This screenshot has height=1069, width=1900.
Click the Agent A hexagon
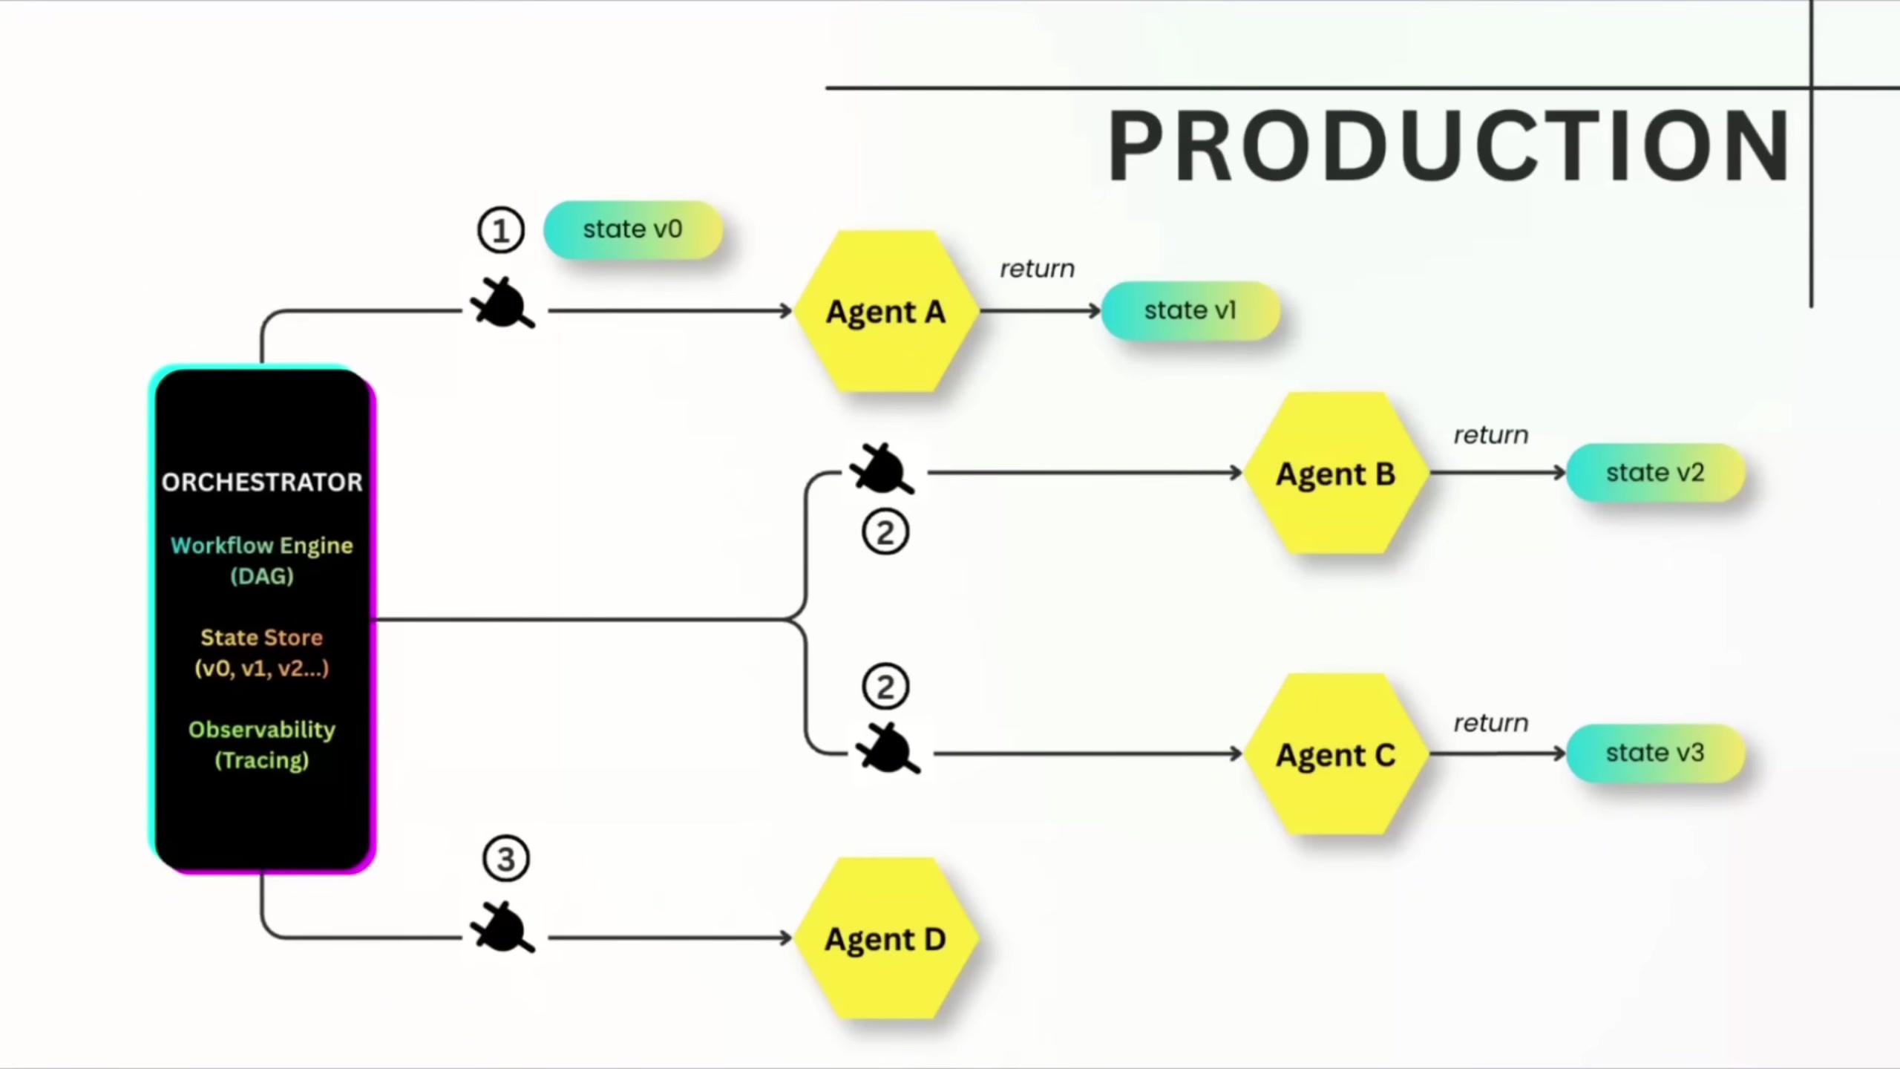pyautogui.click(x=886, y=311)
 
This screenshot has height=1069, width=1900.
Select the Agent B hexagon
pyautogui.click(x=1336, y=473)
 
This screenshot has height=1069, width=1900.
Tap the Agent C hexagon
pyautogui.click(x=1336, y=754)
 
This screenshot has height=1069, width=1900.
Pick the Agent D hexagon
pyautogui.click(x=886, y=939)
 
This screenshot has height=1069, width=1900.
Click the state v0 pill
pyautogui.click(x=632, y=229)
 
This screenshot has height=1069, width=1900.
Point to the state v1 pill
pyautogui.click(x=1190, y=310)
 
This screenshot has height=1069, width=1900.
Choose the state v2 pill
pyautogui.click(x=1655, y=472)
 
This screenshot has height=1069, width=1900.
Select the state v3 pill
pyautogui.click(x=1655, y=753)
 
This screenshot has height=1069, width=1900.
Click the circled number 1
pyautogui.click(x=501, y=230)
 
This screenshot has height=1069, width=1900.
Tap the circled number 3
pyautogui.click(x=506, y=860)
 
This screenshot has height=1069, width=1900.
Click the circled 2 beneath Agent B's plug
pyautogui.click(x=885, y=532)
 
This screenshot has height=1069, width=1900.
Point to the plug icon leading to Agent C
pyautogui.click(x=888, y=748)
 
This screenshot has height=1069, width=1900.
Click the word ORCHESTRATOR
pyautogui.click(x=262, y=483)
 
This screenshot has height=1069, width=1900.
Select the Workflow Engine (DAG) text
pyautogui.click(x=262, y=560)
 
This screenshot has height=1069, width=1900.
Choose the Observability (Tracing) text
pyautogui.click(x=262, y=745)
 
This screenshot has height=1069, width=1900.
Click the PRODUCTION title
pyautogui.click(x=1449, y=146)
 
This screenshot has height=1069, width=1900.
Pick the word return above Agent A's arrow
pyautogui.click(x=1037, y=269)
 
